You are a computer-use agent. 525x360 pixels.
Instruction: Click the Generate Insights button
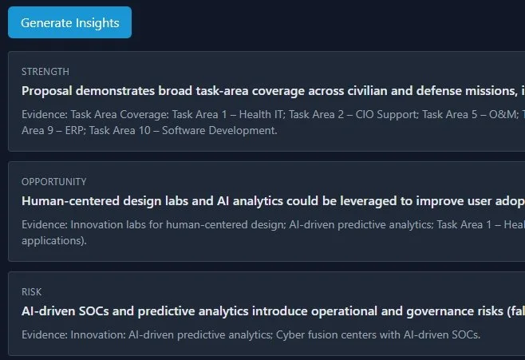pos(70,22)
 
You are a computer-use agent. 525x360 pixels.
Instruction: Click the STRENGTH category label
pos(45,72)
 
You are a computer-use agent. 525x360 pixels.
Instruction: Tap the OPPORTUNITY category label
pos(54,182)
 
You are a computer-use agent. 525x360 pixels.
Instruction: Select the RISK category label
pos(32,292)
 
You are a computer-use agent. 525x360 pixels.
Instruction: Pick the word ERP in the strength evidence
pos(77,130)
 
